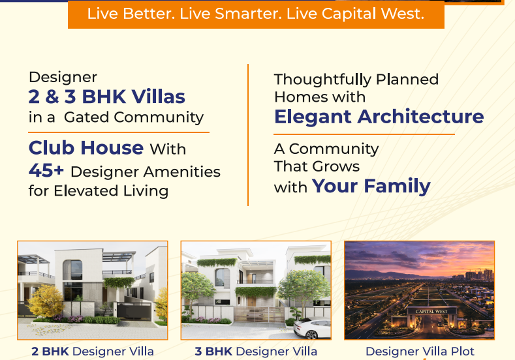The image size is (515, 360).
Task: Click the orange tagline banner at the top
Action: (x=256, y=14)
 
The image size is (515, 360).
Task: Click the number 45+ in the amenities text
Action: (x=46, y=171)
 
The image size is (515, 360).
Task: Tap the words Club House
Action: (x=86, y=147)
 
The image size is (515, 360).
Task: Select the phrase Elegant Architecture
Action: (x=379, y=117)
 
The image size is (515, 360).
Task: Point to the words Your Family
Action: (x=371, y=187)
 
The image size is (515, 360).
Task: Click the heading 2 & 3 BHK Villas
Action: (x=107, y=97)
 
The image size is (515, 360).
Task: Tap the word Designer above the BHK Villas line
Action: (x=63, y=78)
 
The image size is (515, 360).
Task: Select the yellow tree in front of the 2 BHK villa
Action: (x=46, y=301)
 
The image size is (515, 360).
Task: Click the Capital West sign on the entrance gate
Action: (x=431, y=312)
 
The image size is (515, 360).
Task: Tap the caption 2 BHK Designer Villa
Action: (x=93, y=352)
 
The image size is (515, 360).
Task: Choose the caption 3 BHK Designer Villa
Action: (x=256, y=352)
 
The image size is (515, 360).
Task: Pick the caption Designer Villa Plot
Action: (x=420, y=352)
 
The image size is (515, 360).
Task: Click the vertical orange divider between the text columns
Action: (x=248, y=135)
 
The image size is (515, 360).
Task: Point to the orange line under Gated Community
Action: (x=119, y=132)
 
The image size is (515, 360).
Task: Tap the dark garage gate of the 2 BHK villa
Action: (x=134, y=312)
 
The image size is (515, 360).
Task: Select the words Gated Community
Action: (x=134, y=117)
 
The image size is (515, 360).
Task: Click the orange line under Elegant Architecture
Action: (x=364, y=134)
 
